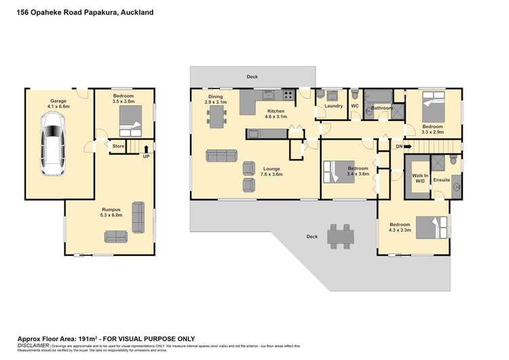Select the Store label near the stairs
coord(118,145)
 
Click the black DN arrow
coord(408,146)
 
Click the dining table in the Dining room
coord(218,117)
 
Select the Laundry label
coord(333,106)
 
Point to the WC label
coord(354,106)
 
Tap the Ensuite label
coord(441,181)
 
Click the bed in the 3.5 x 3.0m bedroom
coord(128,125)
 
